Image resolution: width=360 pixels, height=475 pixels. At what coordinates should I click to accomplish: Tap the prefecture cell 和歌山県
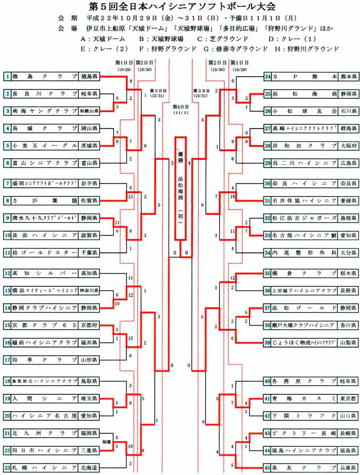coord(89,111)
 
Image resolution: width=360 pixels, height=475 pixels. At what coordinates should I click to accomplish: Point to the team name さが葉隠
coord(45,200)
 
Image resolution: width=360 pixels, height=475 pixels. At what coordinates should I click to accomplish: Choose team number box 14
coord(7,307)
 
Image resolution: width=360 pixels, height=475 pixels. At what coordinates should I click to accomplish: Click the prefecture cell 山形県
coord(89,359)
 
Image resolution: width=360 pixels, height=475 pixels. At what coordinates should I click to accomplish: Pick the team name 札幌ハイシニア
coord(45,467)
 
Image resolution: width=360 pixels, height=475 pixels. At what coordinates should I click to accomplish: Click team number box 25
coord(267,94)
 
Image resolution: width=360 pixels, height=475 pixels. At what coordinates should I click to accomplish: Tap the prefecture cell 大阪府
coord(348,145)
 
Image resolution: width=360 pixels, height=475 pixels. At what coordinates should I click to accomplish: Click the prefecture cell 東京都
coord(348,398)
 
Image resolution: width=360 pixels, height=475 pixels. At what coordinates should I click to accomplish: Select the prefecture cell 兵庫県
coord(348,467)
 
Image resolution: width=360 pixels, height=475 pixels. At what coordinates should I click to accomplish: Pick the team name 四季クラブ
coord(45,359)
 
